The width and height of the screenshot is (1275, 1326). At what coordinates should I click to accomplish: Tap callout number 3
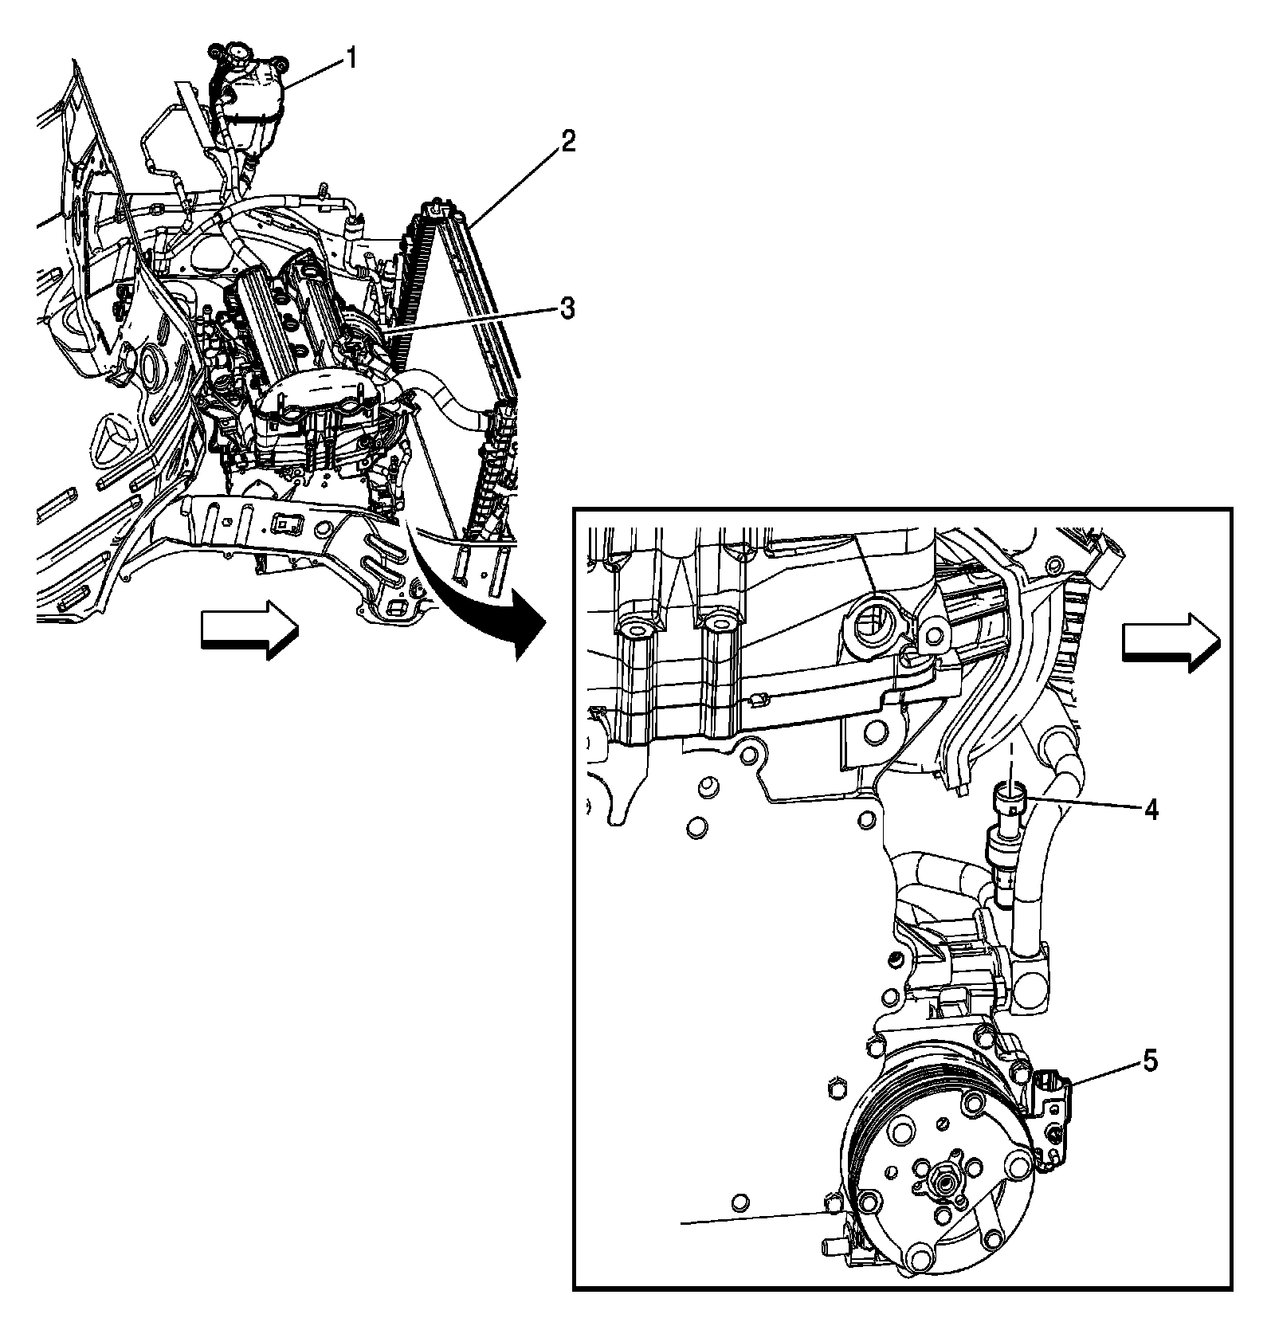click(x=567, y=308)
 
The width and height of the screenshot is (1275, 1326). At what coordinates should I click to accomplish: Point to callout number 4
click(x=1150, y=810)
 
